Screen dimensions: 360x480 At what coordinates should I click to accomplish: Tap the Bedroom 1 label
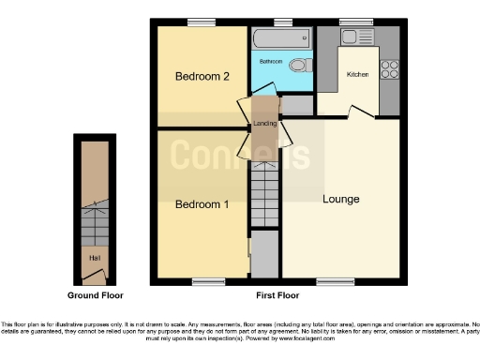[x=202, y=204]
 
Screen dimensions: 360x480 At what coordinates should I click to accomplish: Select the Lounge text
[x=340, y=199]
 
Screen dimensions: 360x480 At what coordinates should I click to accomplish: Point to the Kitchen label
[x=358, y=74]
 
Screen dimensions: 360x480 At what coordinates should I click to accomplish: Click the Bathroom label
[x=271, y=59]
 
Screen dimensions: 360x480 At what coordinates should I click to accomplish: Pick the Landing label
[x=263, y=122]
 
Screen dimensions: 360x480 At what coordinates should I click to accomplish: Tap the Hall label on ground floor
[x=94, y=256]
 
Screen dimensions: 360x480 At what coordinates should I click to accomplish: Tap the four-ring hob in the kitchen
[x=390, y=68]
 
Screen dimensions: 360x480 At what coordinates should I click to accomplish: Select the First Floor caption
[x=277, y=295]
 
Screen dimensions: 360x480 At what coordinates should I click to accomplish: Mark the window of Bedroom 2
[x=198, y=22]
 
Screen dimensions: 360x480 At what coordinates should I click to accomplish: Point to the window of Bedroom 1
[x=202, y=281]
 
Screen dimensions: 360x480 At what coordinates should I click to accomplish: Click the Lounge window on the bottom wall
[x=328, y=281]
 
